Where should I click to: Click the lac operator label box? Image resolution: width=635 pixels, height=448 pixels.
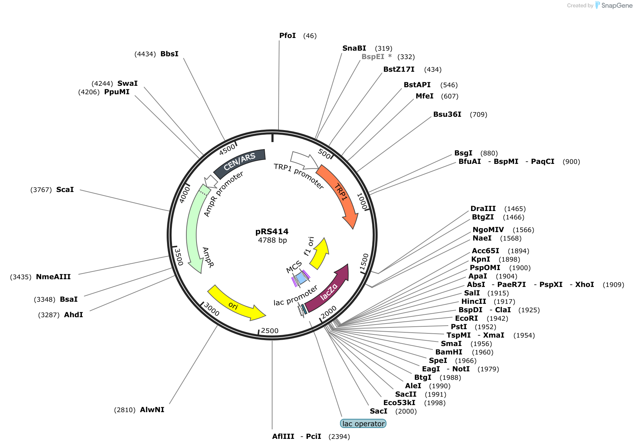tap(363, 424)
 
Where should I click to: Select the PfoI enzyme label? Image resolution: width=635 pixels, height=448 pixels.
tap(287, 36)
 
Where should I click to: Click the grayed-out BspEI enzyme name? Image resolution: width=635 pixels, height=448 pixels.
tap(373, 57)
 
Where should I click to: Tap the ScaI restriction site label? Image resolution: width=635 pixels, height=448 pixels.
tap(65, 190)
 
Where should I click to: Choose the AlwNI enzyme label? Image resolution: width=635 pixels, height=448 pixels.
tap(152, 410)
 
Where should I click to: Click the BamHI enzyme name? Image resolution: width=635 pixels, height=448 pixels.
tap(449, 352)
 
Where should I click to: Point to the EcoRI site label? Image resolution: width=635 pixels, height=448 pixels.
tap(466, 318)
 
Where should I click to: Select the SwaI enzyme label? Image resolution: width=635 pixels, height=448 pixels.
tap(127, 83)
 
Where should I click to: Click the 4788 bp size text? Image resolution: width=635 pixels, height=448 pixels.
tap(272, 240)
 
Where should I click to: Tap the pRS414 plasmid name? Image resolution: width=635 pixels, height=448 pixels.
tap(272, 231)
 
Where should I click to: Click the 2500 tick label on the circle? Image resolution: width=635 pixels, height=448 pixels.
tap(270, 331)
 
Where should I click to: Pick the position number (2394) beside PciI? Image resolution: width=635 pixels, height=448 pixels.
tap(339, 436)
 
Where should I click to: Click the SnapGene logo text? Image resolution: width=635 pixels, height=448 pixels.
tap(617, 5)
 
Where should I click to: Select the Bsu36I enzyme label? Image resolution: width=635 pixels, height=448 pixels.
tap(447, 114)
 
